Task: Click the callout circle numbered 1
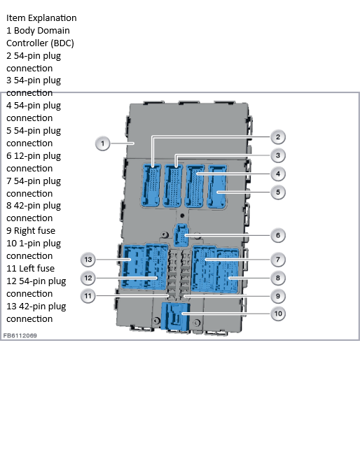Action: tap(102, 143)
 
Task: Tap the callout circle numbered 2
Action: tap(278, 137)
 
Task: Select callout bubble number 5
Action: tap(278, 192)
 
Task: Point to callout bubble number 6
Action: tap(278, 235)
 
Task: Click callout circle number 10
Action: tap(278, 314)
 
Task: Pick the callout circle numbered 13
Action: tap(88, 260)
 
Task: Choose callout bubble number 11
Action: tap(88, 296)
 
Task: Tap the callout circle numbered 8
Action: tap(278, 278)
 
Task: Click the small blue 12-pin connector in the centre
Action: tap(181, 235)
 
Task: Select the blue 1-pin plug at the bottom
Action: tap(176, 316)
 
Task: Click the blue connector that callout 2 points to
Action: tap(151, 185)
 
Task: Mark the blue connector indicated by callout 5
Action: tap(217, 186)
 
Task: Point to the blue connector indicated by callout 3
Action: tap(173, 185)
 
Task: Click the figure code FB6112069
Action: tap(20, 335)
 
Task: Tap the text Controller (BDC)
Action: tap(40, 43)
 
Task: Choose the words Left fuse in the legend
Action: tap(36, 268)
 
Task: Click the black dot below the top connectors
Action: tap(182, 216)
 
